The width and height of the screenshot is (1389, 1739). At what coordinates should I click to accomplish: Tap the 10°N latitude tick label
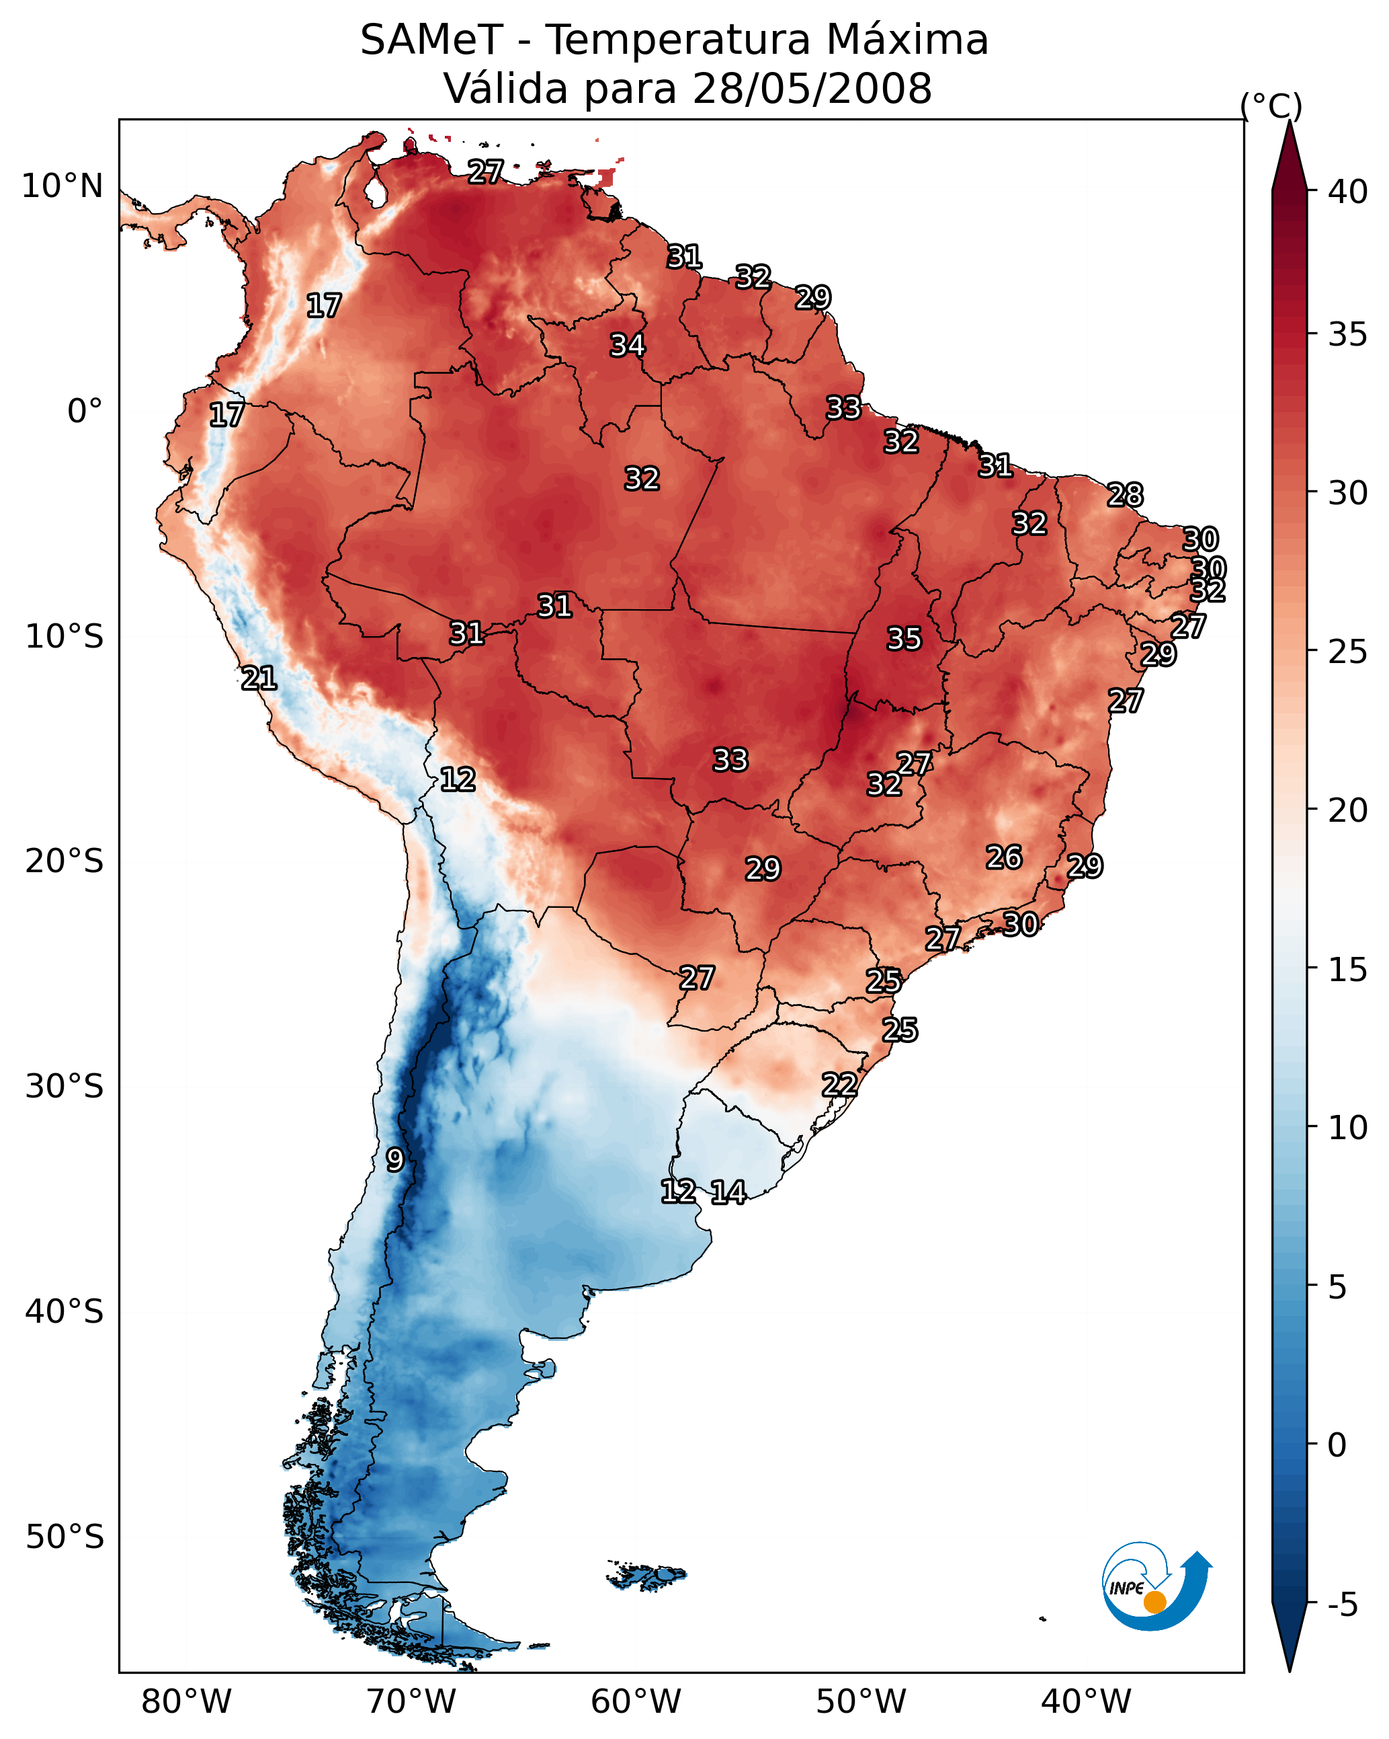(x=62, y=186)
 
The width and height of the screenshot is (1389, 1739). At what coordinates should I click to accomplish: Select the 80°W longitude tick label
(x=186, y=1702)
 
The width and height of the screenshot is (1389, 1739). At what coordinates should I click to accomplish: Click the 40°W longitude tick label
(x=1086, y=1702)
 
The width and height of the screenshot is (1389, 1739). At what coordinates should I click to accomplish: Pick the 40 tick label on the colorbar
(x=1348, y=192)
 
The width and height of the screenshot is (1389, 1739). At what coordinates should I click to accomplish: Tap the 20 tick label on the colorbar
(x=1348, y=810)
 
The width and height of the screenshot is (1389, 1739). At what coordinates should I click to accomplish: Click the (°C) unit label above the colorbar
(x=1271, y=106)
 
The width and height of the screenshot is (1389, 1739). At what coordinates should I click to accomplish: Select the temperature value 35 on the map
(x=904, y=639)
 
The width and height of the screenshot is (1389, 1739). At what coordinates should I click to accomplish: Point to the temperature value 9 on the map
(x=394, y=1160)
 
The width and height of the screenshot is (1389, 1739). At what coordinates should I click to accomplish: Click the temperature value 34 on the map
(x=627, y=345)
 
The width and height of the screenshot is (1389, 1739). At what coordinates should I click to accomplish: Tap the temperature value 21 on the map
(x=259, y=679)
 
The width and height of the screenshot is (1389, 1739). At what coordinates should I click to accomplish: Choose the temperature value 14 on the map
(x=728, y=1192)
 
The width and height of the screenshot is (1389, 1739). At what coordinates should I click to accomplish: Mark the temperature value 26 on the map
(x=1004, y=857)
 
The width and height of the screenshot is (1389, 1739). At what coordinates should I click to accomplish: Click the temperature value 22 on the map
(x=839, y=1085)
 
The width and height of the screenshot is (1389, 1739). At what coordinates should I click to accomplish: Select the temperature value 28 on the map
(x=1125, y=494)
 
